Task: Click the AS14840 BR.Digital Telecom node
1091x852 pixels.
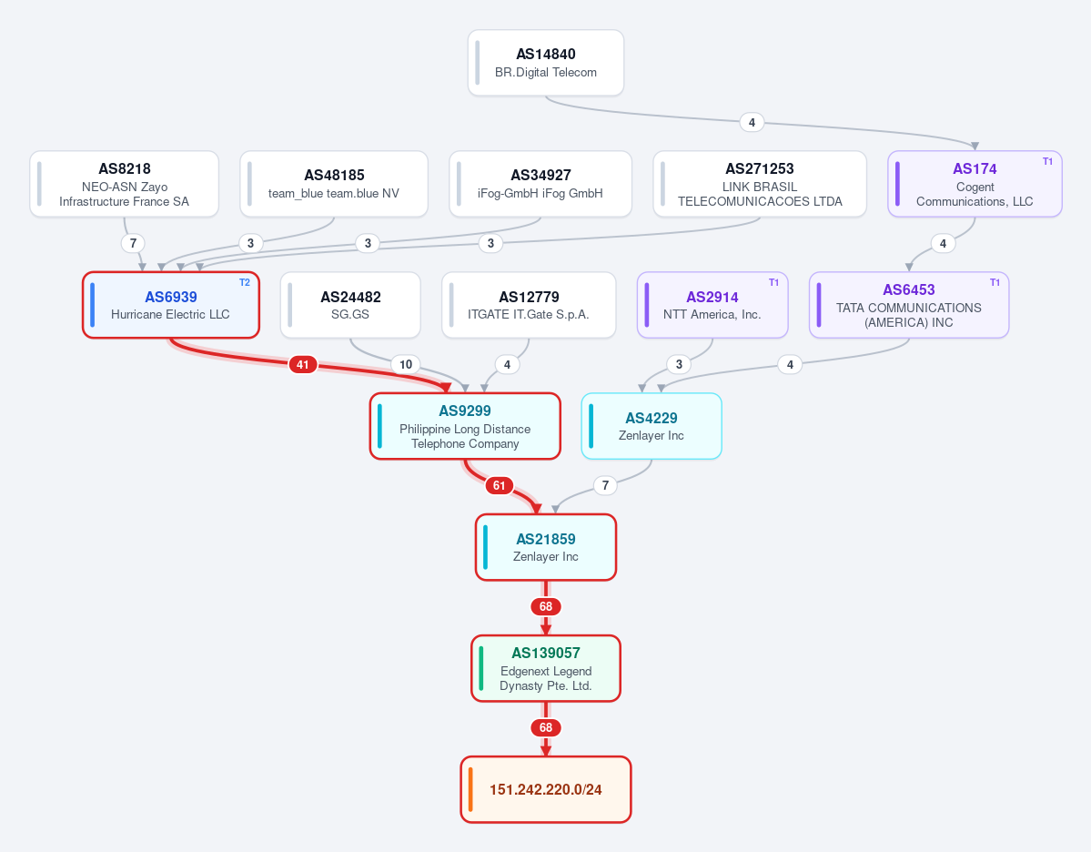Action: (x=546, y=63)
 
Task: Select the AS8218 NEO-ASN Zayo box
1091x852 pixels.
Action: (x=124, y=184)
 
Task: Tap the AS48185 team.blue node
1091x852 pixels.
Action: (x=334, y=184)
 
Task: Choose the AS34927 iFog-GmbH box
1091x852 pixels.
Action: (x=540, y=184)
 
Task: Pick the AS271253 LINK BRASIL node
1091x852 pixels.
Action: (x=760, y=184)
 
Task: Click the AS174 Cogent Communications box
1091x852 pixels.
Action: (x=975, y=184)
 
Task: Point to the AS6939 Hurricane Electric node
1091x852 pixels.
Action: (x=171, y=305)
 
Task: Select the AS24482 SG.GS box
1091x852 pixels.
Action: (x=350, y=305)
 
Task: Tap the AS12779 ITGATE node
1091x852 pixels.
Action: (x=529, y=305)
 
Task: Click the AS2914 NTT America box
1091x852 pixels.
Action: (x=712, y=305)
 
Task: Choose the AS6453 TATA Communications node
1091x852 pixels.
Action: (x=909, y=305)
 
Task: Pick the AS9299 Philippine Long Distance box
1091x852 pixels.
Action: (x=465, y=426)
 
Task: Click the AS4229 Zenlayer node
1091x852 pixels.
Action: (x=652, y=426)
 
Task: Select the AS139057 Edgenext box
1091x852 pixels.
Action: (x=546, y=668)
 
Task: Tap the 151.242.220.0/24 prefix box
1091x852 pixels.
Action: (x=546, y=789)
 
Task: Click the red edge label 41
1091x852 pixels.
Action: (x=303, y=364)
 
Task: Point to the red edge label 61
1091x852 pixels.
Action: (x=499, y=485)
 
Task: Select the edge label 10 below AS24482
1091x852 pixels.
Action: (x=406, y=364)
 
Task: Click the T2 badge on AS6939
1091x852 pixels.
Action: (x=245, y=282)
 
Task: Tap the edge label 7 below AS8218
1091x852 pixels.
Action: (x=133, y=243)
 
